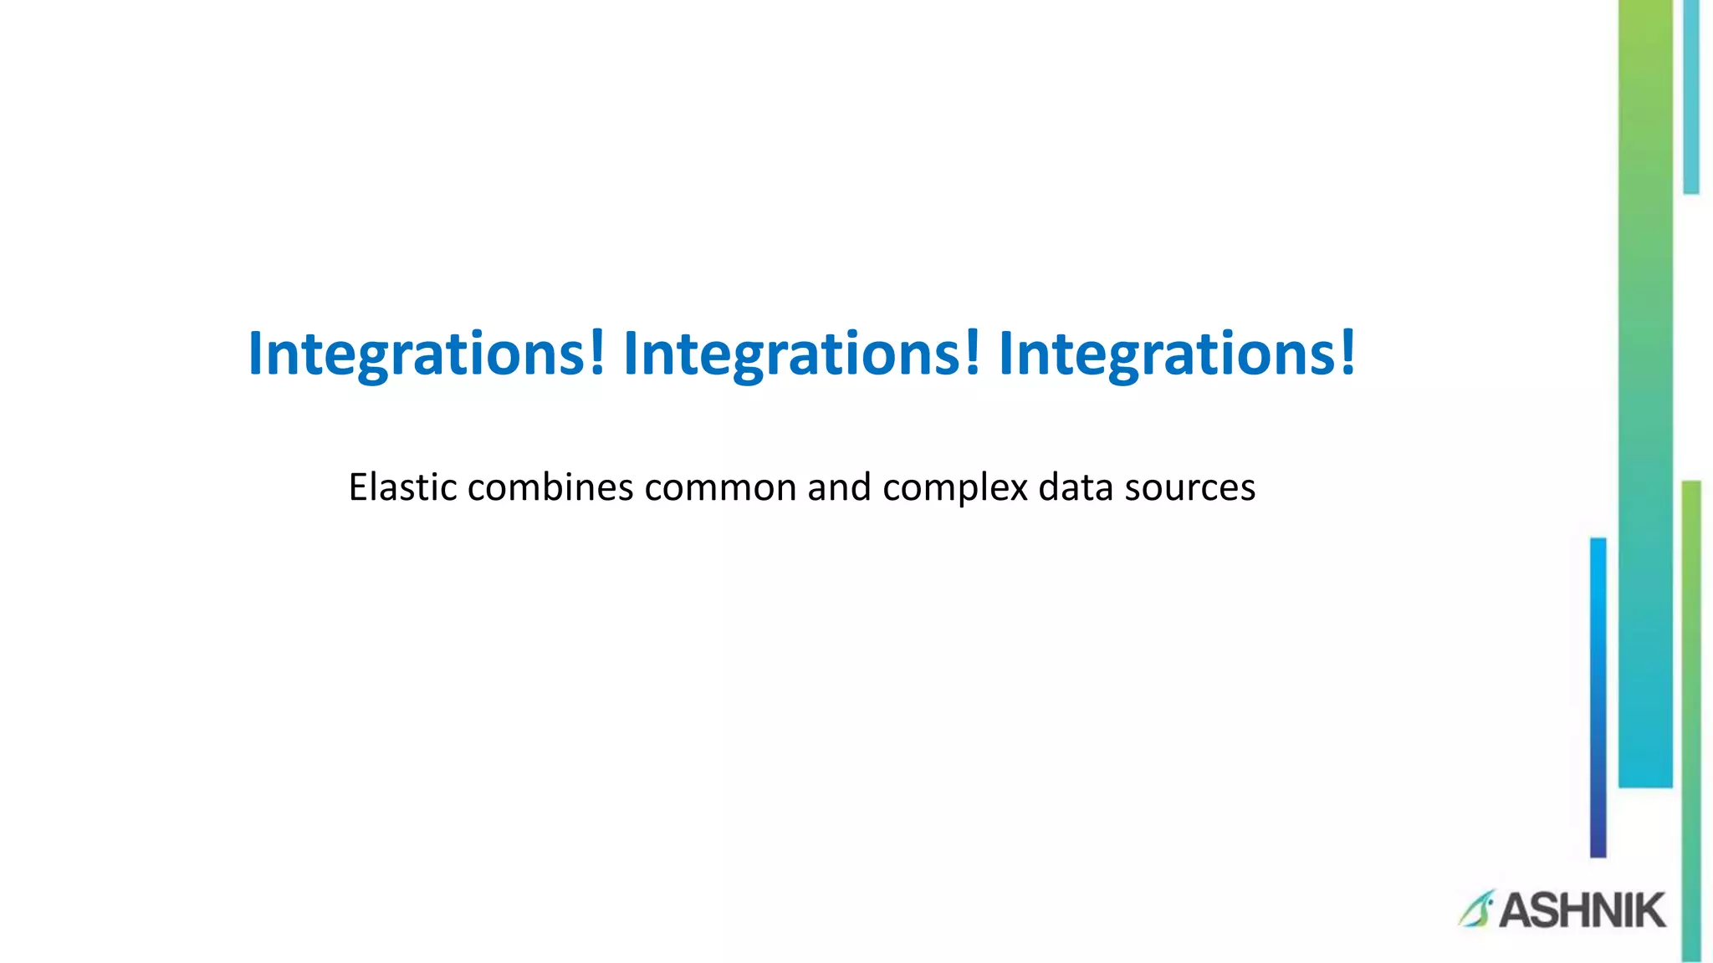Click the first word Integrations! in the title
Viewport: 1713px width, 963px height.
pos(427,354)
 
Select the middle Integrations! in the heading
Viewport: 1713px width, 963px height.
pos(801,354)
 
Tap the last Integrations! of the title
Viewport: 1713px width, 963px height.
pos(1177,354)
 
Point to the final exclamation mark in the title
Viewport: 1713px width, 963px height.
pos(1347,353)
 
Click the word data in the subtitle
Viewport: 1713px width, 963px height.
pos(1075,487)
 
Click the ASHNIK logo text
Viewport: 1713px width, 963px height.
pos(1582,910)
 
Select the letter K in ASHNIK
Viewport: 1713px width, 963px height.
pos(1648,910)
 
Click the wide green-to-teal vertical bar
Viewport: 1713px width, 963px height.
pos(1645,393)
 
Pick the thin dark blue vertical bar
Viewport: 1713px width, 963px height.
pos(1598,697)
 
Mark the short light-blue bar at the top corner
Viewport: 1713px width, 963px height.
pos(1690,96)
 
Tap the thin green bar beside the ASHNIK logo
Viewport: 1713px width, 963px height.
pos(1691,719)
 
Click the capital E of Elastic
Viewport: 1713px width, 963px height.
pos(357,487)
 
